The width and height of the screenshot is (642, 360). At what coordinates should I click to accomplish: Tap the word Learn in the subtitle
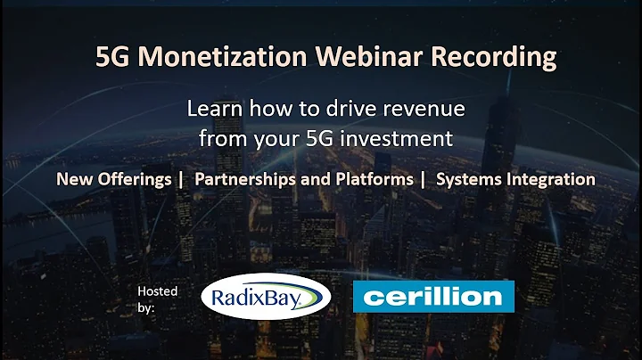click(210, 110)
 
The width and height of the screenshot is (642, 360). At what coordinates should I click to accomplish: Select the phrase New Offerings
click(113, 179)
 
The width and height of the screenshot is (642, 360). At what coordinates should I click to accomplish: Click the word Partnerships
click(243, 179)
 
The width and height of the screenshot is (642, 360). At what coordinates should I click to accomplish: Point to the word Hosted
click(158, 290)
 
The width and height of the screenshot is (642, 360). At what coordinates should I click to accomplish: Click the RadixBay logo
click(263, 298)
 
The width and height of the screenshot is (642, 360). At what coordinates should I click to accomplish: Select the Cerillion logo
click(433, 297)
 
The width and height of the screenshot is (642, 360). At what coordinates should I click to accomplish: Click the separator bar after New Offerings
click(181, 179)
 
